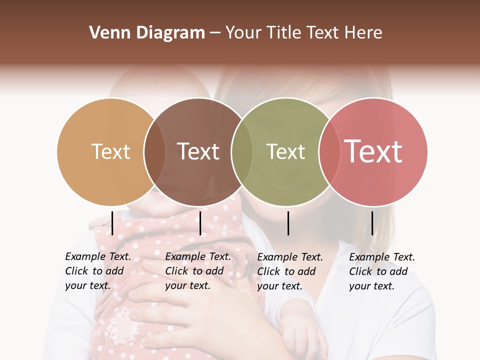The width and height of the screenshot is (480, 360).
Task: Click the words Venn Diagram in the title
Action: pyautogui.click(x=147, y=33)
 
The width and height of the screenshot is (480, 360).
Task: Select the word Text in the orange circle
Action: pyautogui.click(x=110, y=151)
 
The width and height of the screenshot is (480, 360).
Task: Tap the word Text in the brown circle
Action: pyautogui.click(x=198, y=151)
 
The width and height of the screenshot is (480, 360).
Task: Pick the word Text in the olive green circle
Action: pyautogui.click(x=285, y=151)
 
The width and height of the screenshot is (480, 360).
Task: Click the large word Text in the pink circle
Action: pyautogui.click(x=373, y=151)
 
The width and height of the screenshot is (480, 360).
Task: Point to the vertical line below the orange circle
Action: pyautogui.click(x=112, y=223)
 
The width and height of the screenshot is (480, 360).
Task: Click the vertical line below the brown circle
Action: pyautogui.click(x=200, y=223)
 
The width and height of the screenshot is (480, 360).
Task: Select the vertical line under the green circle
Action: pyautogui.click(x=288, y=223)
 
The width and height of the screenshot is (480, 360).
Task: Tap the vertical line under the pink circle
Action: pyautogui.click(x=372, y=223)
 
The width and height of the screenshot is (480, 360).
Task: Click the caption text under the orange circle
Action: pyautogui.click(x=97, y=271)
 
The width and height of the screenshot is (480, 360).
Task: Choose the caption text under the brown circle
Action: pyautogui.click(x=197, y=271)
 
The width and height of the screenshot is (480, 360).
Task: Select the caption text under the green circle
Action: pyautogui.click(x=289, y=271)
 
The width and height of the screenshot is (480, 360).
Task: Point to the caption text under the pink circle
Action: pyautogui.click(x=381, y=271)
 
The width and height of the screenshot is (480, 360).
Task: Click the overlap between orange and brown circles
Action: pyautogui.click(x=154, y=151)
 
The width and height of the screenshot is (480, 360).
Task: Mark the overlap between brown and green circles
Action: pyautogui.click(x=242, y=151)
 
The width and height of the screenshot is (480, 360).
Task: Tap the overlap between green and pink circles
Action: pyautogui.click(x=328, y=151)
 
